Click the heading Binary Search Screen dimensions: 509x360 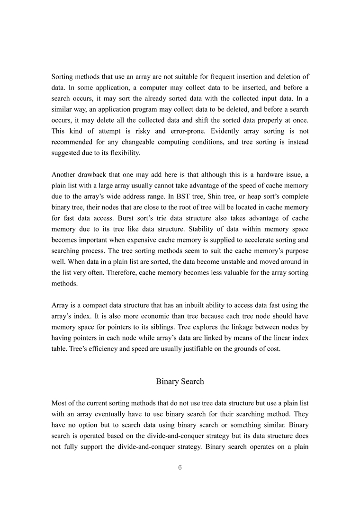click(x=180, y=381)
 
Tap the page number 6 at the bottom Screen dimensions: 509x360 click(x=180, y=467)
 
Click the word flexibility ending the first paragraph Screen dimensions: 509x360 click(x=124, y=153)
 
